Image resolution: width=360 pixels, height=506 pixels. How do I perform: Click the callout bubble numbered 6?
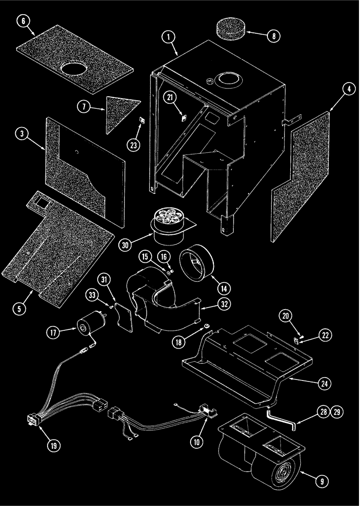pyautogui.click(x=24, y=22)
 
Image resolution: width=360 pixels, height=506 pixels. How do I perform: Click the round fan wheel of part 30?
pyautogui.click(x=167, y=218)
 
